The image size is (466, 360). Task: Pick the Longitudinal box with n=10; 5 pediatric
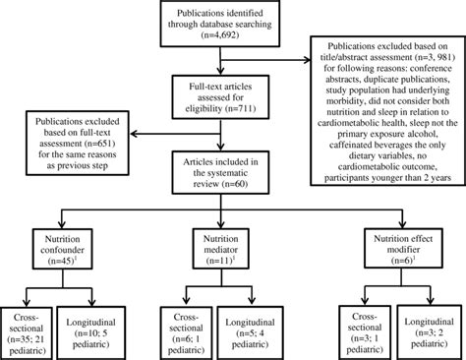95,328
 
